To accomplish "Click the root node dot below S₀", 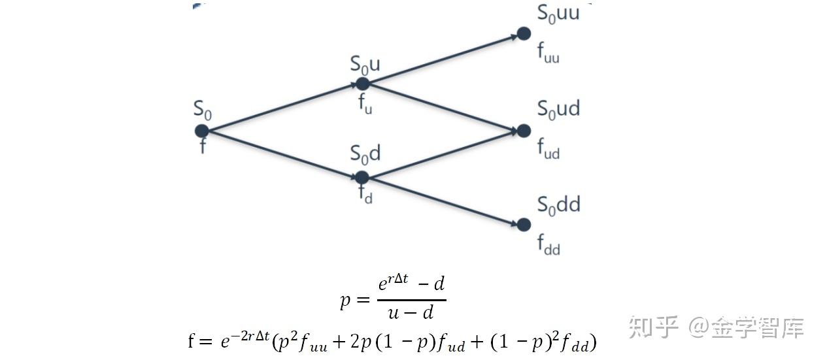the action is point(202,131).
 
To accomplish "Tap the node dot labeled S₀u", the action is point(363,84).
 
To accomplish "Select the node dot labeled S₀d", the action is point(362,178).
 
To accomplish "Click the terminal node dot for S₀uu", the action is point(524,34).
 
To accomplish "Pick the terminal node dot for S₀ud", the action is point(524,131).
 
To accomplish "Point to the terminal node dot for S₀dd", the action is point(524,225).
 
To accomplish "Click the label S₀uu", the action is point(558,14).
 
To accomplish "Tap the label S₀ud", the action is point(558,109).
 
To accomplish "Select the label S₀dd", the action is point(558,205).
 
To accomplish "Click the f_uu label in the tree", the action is point(548,53).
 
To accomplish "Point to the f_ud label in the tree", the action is point(548,149).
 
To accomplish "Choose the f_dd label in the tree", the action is point(548,245).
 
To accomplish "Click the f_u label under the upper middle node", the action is point(365,104).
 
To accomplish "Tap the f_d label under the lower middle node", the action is point(365,194).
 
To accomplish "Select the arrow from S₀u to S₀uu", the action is point(443,59).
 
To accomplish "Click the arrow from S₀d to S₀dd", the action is point(443,201).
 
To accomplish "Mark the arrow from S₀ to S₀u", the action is point(282,107).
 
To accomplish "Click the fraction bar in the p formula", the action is point(412,300).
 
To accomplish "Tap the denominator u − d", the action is point(411,313).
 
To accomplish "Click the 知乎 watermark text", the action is point(653,327).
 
